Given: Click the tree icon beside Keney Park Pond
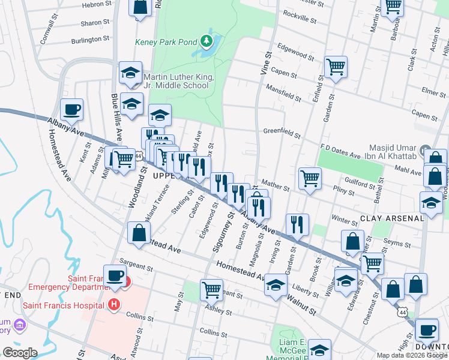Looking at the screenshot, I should [x=207, y=41].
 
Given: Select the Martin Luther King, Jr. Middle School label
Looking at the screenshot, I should [x=175, y=81].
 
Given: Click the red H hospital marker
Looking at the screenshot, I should [x=114, y=305].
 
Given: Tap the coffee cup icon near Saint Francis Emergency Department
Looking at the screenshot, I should [x=115, y=276].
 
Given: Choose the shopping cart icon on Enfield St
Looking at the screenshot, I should [x=336, y=67].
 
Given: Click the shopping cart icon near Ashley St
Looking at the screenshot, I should [x=211, y=289].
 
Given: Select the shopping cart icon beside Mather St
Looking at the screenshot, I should [x=310, y=178].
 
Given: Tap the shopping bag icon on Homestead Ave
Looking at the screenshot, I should [x=139, y=233].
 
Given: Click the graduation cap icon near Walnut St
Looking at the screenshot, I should [x=276, y=284].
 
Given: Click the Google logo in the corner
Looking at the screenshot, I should [x=20, y=352].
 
